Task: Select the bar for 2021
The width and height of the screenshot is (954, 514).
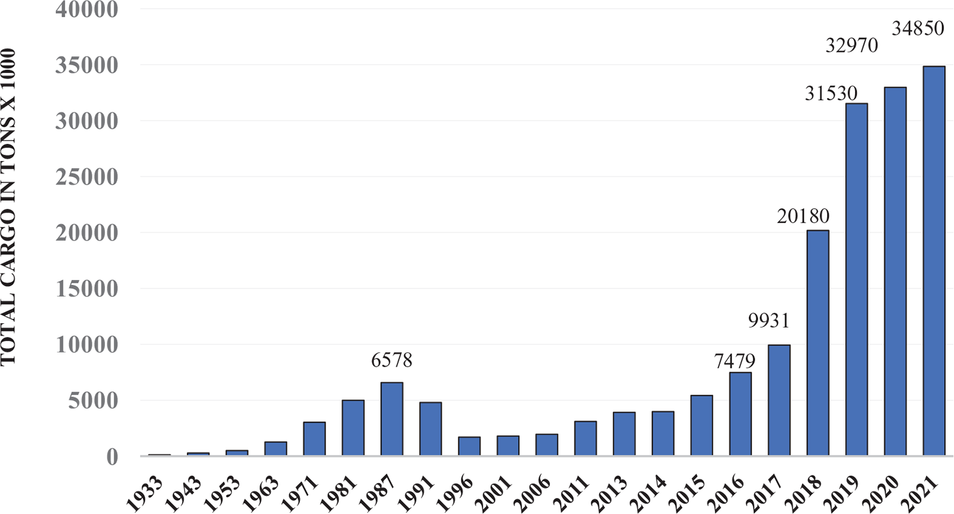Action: tap(934, 261)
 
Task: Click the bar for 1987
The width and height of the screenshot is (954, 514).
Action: tap(392, 419)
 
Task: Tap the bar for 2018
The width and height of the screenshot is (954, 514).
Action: tap(818, 343)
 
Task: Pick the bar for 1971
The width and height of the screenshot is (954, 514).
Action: tap(314, 439)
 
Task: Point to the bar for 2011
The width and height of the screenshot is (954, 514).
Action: tap(585, 438)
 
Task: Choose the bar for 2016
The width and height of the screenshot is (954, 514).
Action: tap(740, 414)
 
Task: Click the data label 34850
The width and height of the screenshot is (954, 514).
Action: tap(918, 29)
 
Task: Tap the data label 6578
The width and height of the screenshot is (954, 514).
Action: tap(392, 360)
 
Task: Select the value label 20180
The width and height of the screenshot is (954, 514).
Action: tap(803, 216)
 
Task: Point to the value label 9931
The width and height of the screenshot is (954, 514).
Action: tap(769, 321)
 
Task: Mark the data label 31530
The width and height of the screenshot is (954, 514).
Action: tap(831, 93)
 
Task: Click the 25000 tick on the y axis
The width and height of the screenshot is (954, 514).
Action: tap(86, 177)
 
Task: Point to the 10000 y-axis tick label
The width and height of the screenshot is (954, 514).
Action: tap(86, 345)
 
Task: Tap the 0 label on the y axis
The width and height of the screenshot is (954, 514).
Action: tap(111, 457)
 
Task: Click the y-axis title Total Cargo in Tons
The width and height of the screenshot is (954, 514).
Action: tap(9, 207)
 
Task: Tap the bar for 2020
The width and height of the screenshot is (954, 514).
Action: tap(895, 272)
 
